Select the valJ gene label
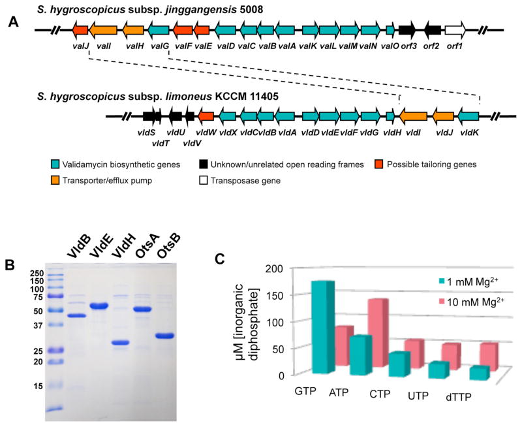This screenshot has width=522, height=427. click(81, 46)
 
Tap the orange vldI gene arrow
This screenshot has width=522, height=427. click(414, 116)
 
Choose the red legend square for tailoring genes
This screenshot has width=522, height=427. click(379, 165)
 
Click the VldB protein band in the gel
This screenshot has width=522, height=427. click(76, 315)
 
